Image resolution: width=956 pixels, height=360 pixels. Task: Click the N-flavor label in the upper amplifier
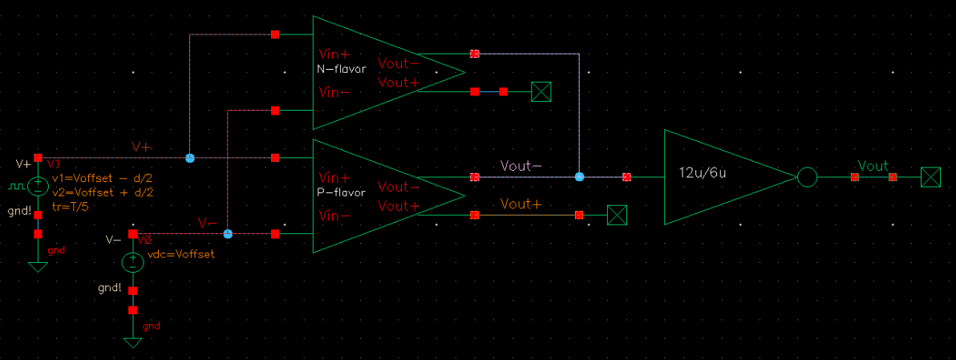(342, 69)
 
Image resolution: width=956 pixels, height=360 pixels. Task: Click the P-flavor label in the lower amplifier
(342, 193)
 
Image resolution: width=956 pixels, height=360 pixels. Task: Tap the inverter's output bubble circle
(807, 177)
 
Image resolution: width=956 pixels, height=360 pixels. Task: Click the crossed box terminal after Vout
(930, 177)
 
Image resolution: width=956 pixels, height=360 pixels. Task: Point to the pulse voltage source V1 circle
(38, 187)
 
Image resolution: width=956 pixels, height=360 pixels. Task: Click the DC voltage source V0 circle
(132, 262)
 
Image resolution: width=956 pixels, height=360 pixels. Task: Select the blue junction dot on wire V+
(190, 158)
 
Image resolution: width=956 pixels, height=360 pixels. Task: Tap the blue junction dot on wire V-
(228, 234)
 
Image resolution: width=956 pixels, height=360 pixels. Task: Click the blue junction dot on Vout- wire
(579, 176)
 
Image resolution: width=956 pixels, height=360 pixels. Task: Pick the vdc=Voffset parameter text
(181, 253)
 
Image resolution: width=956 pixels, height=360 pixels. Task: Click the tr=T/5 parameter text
(70, 206)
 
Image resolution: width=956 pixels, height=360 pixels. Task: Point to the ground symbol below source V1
(38, 267)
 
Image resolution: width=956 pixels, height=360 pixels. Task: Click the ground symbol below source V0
(132, 342)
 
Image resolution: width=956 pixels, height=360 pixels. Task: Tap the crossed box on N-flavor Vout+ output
(542, 92)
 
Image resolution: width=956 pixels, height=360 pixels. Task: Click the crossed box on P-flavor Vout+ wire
(617, 215)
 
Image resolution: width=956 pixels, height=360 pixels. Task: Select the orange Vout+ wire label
(521, 204)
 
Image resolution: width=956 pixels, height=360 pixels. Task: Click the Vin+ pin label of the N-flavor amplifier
(334, 55)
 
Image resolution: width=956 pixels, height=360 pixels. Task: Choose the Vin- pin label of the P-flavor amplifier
(334, 216)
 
